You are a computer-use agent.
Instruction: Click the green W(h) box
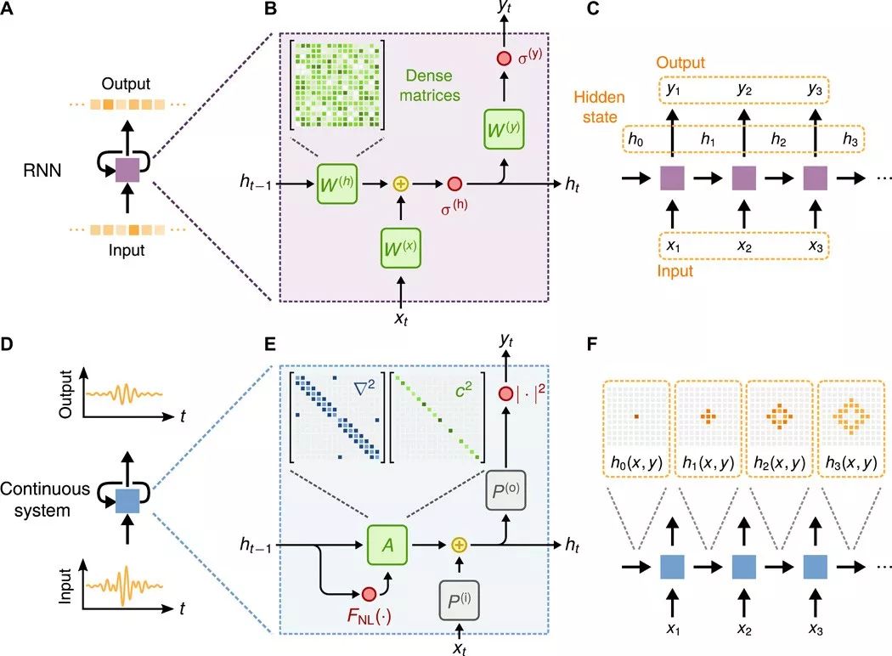point(336,184)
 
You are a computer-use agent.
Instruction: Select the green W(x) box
point(400,247)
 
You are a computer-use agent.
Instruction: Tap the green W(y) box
point(504,129)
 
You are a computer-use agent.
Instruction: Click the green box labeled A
point(387,545)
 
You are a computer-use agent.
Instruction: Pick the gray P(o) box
point(505,489)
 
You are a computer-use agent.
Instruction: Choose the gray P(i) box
point(459,600)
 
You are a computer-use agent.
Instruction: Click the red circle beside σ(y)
point(504,58)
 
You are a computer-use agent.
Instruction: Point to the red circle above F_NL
point(370,594)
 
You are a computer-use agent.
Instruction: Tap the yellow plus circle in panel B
point(401,184)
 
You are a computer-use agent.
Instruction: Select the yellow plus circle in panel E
point(459,545)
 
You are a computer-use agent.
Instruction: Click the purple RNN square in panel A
point(127,170)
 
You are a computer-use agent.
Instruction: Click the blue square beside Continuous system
point(127,501)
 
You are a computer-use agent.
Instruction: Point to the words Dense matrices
point(430,85)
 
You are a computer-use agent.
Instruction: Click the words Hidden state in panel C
point(599,107)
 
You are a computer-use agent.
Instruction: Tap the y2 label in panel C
point(744,89)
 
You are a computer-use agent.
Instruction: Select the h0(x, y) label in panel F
point(636,463)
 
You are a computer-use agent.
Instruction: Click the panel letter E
point(270,343)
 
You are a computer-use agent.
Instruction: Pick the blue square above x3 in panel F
point(816,567)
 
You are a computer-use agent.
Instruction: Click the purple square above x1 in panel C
point(673,178)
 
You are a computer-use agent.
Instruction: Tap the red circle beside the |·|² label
point(505,393)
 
